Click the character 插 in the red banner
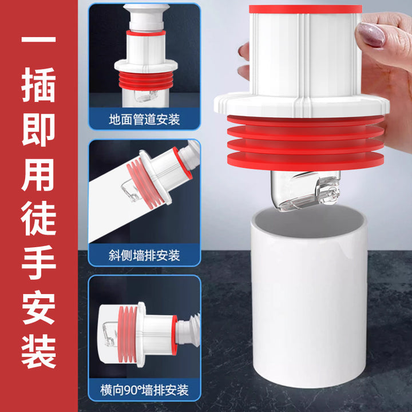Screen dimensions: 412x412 point(38,85)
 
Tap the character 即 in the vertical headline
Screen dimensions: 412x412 point(38,129)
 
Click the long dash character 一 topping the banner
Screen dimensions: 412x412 point(38,39)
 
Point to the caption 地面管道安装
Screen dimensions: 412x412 point(144,119)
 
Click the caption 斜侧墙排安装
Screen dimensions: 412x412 point(144,255)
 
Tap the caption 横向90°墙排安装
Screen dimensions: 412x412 point(144,390)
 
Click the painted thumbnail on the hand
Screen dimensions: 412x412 point(370,34)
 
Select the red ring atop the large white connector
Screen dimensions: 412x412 point(306,9)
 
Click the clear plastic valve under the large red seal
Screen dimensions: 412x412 point(306,190)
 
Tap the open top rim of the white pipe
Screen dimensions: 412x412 point(309,221)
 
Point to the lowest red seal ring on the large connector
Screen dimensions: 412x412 point(306,161)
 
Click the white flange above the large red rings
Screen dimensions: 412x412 point(302,105)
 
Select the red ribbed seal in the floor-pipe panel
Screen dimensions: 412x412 point(145,81)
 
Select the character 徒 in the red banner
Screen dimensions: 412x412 point(39,218)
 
